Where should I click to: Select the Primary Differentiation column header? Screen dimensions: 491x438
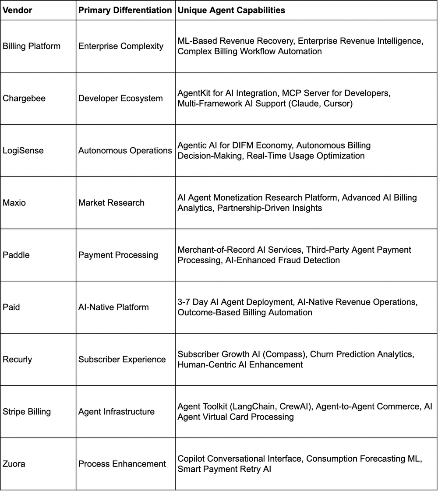[125, 11]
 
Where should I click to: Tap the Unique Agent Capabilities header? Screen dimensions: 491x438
[231, 11]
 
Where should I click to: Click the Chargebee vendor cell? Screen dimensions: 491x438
[24, 99]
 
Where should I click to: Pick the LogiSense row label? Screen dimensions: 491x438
[23, 151]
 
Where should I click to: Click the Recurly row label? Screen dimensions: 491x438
[18, 360]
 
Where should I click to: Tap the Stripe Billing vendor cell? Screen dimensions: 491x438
[27, 412]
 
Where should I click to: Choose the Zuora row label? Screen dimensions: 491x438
[14, 464]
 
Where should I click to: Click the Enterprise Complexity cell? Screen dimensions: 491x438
[120, 46]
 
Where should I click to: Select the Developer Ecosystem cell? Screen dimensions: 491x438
[120, 99]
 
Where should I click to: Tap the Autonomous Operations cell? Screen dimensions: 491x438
[125, 151]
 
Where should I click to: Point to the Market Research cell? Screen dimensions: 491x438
[111, 203]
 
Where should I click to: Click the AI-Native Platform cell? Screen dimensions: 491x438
[113, 307]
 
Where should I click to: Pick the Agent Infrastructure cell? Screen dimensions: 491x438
[116, 412]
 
